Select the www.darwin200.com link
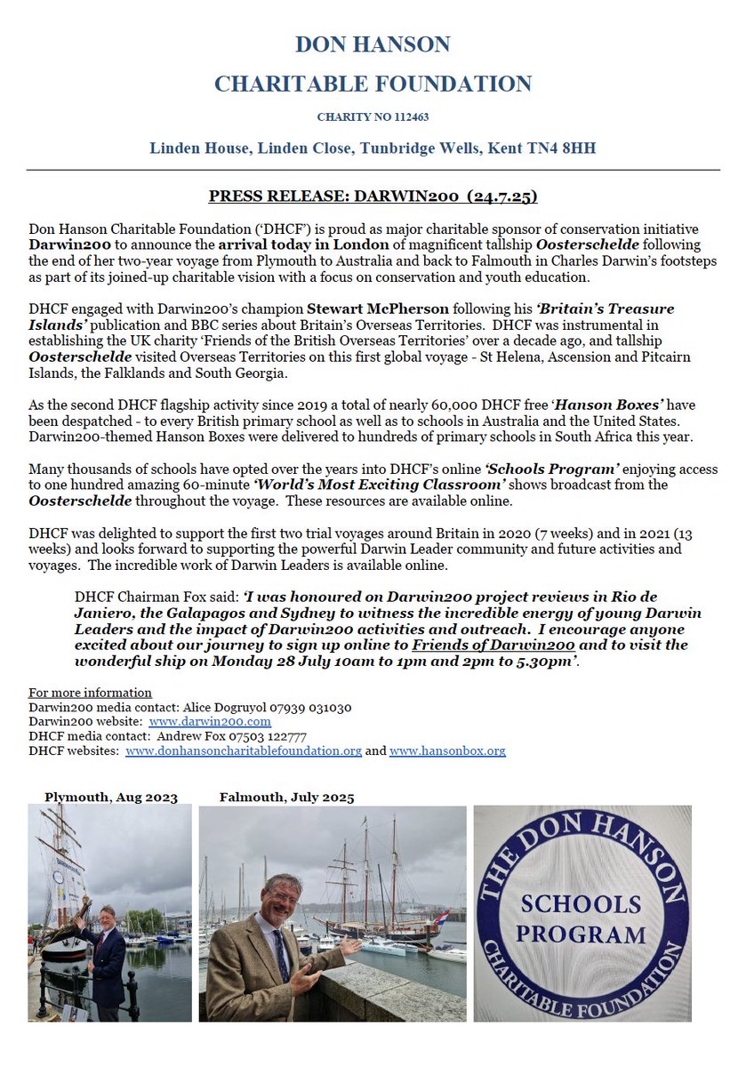point(210,721)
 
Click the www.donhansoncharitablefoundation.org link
point(243,750)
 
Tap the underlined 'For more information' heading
point(90,693)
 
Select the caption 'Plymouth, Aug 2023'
point(110,797)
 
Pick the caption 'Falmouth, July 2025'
point(286,797)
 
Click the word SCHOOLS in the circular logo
point(582,904)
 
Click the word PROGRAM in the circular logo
point(582,935)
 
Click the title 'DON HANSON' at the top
point(373,44)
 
